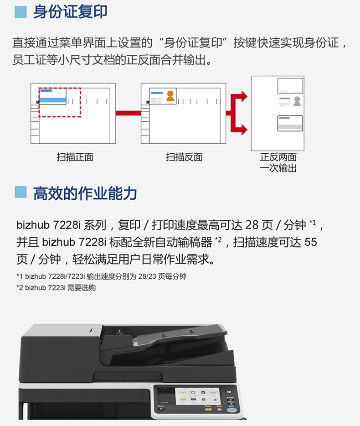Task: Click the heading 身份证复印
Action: (70, 12)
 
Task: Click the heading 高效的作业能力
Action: (85, 193)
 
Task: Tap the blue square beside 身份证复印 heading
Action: (21, 12)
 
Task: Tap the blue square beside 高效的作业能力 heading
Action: (21, 192)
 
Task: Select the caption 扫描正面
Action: (75, 157)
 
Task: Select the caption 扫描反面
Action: (185, 157)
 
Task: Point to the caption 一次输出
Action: (278, 168)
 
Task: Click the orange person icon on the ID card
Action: (170, 96)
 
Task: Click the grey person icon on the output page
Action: (297, 101)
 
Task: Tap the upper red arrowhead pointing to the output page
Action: (244, 97)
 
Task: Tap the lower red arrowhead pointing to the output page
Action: (244, 130)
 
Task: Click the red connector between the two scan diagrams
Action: (128, 113)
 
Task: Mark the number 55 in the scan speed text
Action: (311, 242)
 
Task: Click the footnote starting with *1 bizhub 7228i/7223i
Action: (101, 276)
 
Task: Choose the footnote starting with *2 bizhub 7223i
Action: (56, 288)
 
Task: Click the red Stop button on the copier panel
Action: (219, 409)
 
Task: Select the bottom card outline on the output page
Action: (290, 123)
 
